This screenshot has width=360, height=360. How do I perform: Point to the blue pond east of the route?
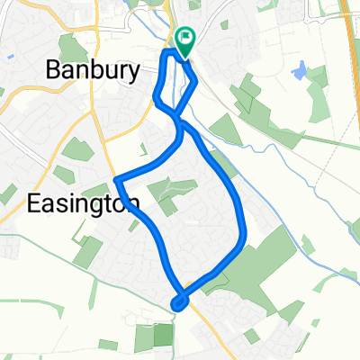[x=299, y=68]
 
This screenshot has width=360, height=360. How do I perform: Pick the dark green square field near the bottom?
[x=162, y=335]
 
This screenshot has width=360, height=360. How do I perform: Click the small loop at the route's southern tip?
[x=180, y=302]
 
